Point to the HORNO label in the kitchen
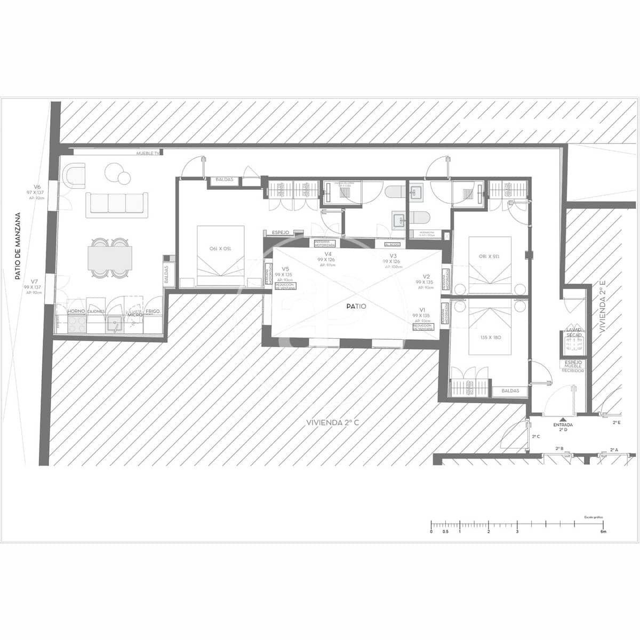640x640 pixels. (76, 311)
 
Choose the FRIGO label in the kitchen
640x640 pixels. (153, 311)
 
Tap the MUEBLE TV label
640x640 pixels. (148, 154)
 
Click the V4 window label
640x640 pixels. (328, 254)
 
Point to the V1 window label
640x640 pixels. (422, 310)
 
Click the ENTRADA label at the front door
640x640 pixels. (563, 425)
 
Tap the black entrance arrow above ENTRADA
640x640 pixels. (563, 419)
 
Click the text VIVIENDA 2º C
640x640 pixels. (333, 422)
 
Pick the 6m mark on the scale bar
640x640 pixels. (603, 532)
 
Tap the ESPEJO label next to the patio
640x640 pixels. (281, 233)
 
